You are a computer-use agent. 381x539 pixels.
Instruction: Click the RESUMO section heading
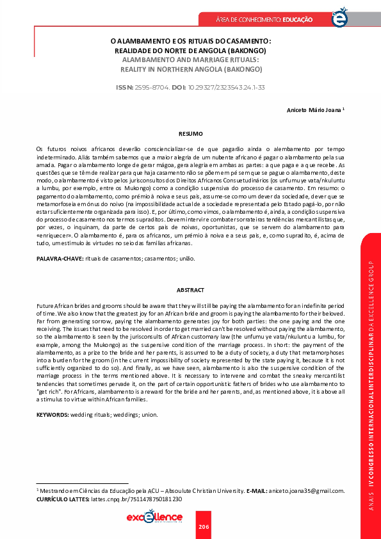coord(190,134)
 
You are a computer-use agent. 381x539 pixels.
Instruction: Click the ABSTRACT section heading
coord(190,290)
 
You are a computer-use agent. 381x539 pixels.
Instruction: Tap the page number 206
coord(204,526)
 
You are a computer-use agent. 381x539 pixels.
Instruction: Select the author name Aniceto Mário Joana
coord(313,109)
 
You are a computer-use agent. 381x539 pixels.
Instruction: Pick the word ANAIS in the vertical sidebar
coord(371,506)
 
